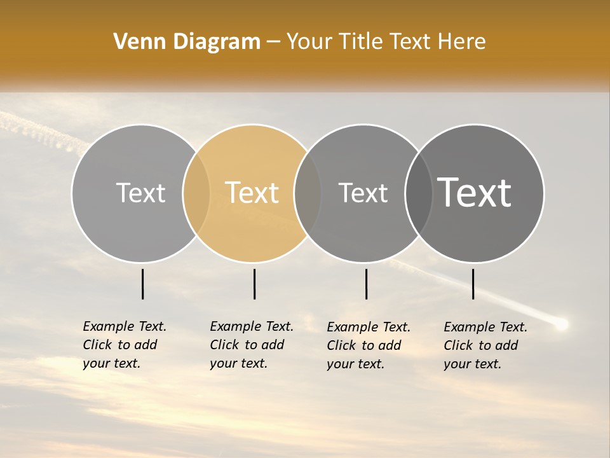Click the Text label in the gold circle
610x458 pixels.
[252, 193]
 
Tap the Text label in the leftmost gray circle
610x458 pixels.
[140, 193]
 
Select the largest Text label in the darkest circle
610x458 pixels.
[475, 193]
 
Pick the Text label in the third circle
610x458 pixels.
[363, 193]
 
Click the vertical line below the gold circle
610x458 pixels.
[254, 284]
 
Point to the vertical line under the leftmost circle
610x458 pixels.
[143, 284]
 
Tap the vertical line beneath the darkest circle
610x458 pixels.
[473, 284]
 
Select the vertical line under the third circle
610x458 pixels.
[367, 284]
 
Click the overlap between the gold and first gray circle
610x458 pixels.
[196, 193]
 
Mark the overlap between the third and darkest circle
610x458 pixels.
[419, 193]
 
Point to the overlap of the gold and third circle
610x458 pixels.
[308, 193]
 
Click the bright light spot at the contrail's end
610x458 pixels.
[561, 324]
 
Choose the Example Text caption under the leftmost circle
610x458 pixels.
[125, 345]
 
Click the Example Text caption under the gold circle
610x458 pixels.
[252, 345]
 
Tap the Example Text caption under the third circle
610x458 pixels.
[369, 345]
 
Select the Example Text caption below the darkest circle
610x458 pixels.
[485, 345]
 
